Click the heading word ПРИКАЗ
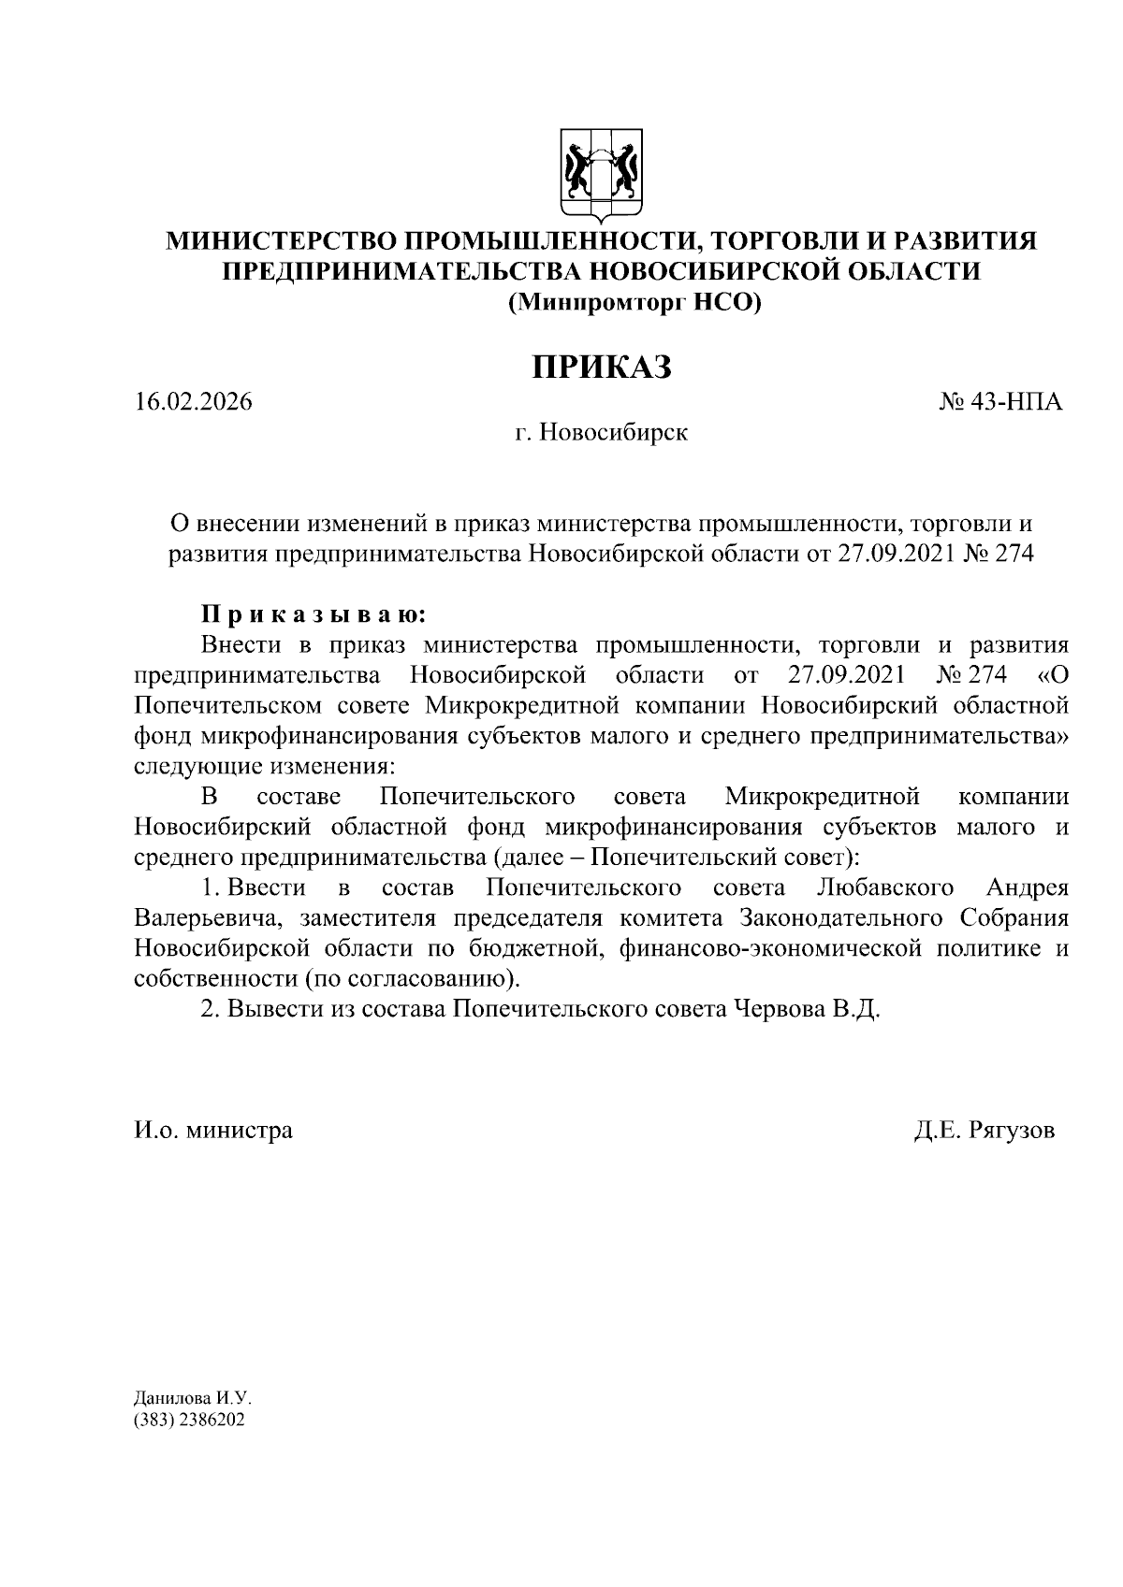[602, 367]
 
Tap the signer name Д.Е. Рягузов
[984, 1131]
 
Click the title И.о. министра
[212, 1131]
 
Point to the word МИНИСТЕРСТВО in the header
[280, 241]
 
